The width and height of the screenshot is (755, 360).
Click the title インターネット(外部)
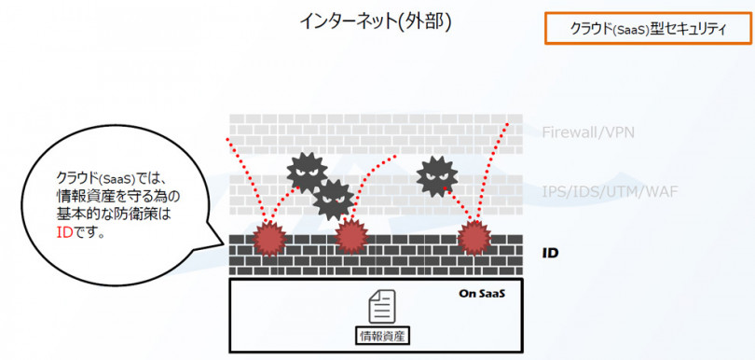coord(377,21)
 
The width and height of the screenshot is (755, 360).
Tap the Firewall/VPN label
coord(588,132)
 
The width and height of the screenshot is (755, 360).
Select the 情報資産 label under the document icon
coord(383,334)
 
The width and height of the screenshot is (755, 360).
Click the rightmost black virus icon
coord(437,174)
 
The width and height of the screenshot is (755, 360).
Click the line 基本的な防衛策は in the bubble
coord(115,215)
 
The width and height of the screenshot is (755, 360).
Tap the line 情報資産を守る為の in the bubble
coord(117,196)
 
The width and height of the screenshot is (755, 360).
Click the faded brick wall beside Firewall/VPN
coord(373,131)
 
